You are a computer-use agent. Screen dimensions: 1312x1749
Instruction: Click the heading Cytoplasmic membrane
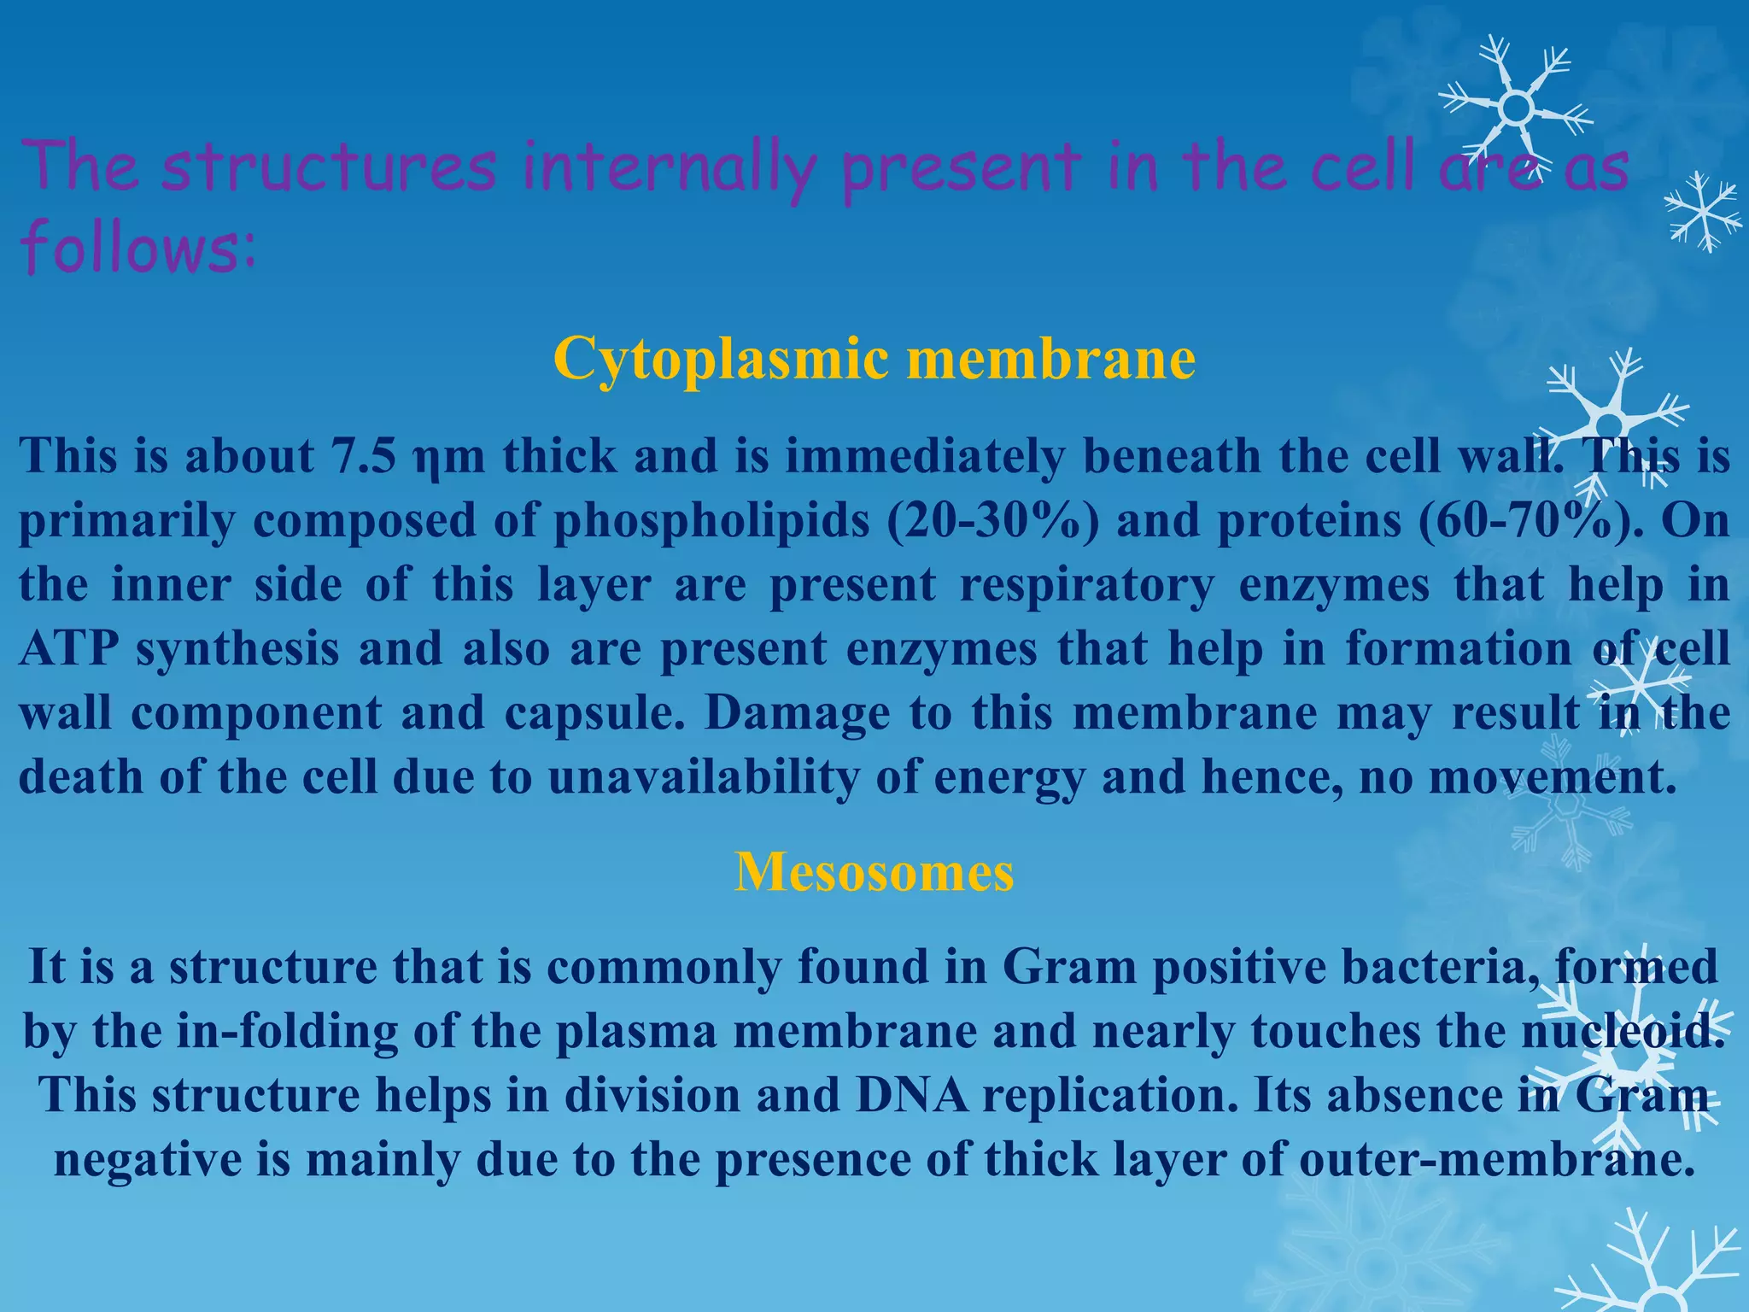point(874,359)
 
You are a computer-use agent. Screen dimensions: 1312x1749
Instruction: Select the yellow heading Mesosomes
point(874,872)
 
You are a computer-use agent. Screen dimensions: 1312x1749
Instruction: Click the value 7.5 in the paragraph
point(363,456)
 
